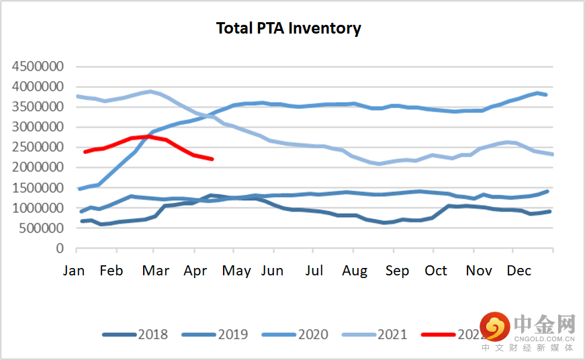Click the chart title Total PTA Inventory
[x=288, y=28]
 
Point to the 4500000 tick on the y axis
[x=38, y=66]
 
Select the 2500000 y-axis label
[x=38, y=147]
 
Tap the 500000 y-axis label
[x=42, y=228]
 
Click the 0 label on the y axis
[x=59, y=248]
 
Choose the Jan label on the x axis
[x=74, y=271]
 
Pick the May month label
[x=236, y=271]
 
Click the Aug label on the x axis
[x=355, y=271]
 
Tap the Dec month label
[x=519, y=271]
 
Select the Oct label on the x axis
[x=436, y=271]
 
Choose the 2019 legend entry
[x=232, y=334]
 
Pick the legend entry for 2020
[x=312, y=334]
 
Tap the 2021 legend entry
[x=392, y=334]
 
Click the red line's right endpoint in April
[x=212, y=159]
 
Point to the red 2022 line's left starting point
[x=85, y=152]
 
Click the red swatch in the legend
[x=437, y=334]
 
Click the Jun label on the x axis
[x=272, y=271]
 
